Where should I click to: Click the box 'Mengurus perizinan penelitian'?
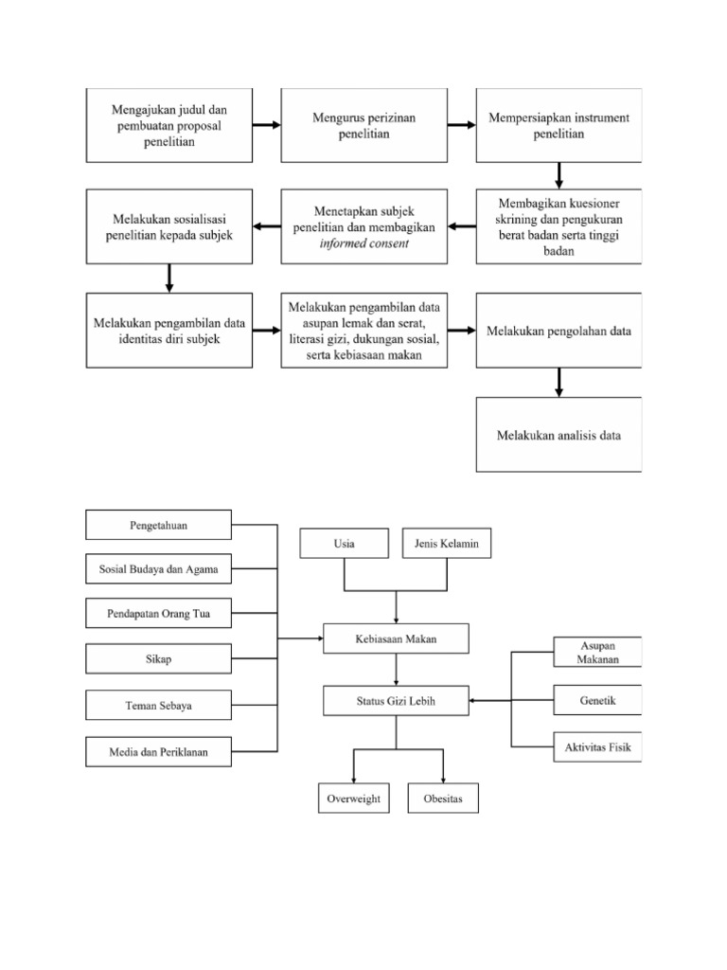pyautogui.click(x=363, y=125)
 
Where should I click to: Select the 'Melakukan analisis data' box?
pyautogui.click(x=559, y=435)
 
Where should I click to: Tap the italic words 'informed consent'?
pyautogui.click(x=364, y=243)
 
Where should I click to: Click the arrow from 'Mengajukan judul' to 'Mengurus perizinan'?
pyautogui.click(x=268, y=125)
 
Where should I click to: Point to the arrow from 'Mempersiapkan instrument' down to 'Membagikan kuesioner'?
pyautogui.click(x=559, y=175)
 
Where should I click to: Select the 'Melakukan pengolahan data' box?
pyautogui.click(x=559, y=331)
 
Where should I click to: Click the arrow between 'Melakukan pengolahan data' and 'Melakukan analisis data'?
pyautogui.click(x=559, y=382)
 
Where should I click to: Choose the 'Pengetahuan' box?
pyautogui.click(x=158, y=524)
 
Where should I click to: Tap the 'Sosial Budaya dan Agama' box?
pyautogui.click(x=158, y=569)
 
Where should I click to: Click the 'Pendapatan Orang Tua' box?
pyautogui.click(x=158, y=614)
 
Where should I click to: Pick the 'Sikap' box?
pyautogui.click(x=158, y=659)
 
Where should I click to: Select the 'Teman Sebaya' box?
pyautogui.click(x=158, y=706)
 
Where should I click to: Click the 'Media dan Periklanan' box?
pyautogui.click(x=158, y=752)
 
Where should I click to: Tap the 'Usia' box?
pyautogui.click(x=345, y=544)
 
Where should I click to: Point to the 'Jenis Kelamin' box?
pyautogui.click(x=447, y=544)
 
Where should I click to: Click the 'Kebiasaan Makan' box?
pyautogui.click(x=396, y=639)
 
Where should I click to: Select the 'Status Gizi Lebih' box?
pyautogui.click(x=396, y=701)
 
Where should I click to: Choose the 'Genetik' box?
pyautogui.click(x=597, y=701)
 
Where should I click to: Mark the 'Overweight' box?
pyautogui.click(x=353, y=799)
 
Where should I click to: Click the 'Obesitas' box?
pyautogui.click(x=443, y=799)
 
